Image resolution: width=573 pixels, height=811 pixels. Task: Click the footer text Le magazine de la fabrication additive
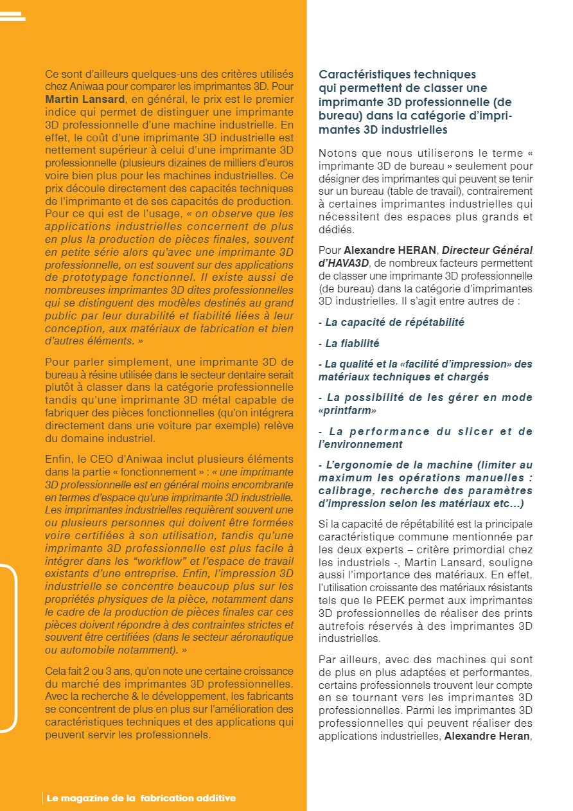(141, 798)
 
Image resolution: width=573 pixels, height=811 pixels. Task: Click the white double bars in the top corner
(13, 16)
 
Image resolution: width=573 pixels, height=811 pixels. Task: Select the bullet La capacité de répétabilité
(391, 322)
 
